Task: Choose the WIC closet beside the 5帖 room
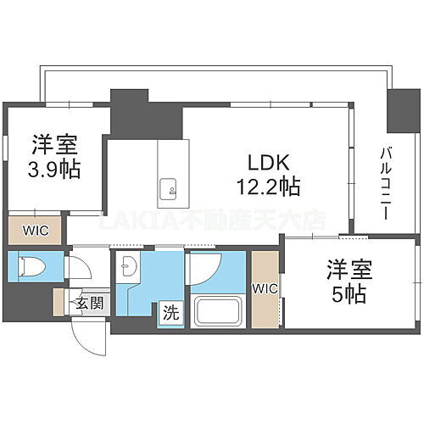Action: (265, 289)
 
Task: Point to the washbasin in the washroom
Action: (129, 265)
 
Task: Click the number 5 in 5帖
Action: (337, 296)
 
